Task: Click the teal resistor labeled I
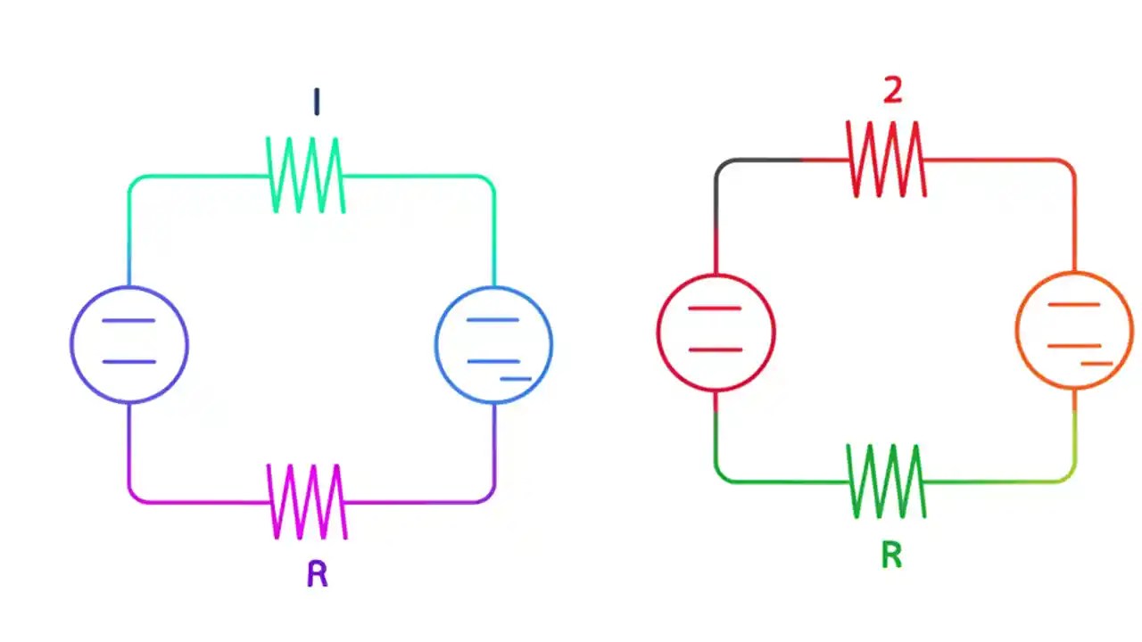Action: (x=306, y=176)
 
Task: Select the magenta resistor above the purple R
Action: (x=307, y=501)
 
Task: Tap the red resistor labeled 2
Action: (x=886, y=160)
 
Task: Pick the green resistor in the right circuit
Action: (x=886, y=481)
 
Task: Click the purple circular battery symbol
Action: (x=129, y=344)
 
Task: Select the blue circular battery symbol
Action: (x=493, y=344)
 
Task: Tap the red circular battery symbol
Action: (x=716, y=332)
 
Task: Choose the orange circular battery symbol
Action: (x=1074, y=331)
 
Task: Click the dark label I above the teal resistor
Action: (x=316, y=103)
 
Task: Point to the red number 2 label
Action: (x=892, y=90)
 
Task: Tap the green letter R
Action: (x=891, y=556)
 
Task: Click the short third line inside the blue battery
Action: (x=516, y=379)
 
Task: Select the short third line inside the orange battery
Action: (x=1096, y=364)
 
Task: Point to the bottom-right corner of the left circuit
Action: (x=489, y=497)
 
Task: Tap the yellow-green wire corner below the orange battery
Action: (x=1069, y=476)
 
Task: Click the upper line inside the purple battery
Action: (x=129, y=320)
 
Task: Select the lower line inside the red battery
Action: (x=716, y=350)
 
